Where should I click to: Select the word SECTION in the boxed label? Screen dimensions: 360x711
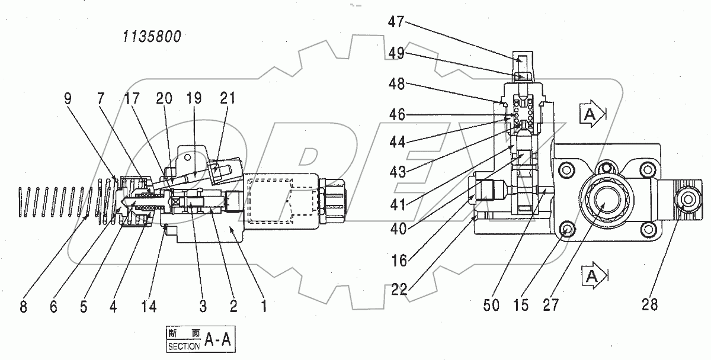[x=184, y=346]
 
